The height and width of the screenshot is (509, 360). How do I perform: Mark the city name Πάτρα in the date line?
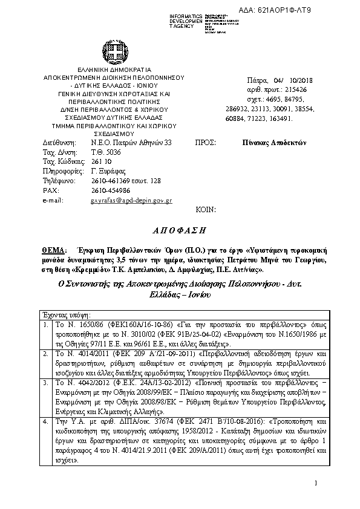(x=257, y=80)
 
